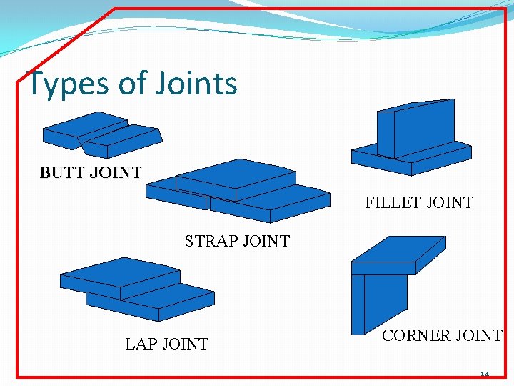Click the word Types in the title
pos(68,84)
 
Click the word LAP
pos(141,345)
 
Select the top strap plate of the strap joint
pos(236,179)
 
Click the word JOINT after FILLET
pos(449,203)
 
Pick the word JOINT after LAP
pos(186,345)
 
